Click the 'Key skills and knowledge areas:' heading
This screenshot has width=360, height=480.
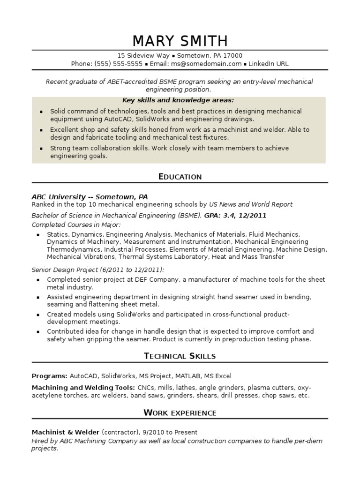pos(178,100)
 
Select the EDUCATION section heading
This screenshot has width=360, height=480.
pos(180,177)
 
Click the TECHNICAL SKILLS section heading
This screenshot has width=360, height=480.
pos(180,356)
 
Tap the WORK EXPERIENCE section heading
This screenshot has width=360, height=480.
pos(180,413)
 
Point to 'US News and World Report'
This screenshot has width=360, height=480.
pos(251,204)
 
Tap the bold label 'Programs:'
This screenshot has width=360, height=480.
pos(49,376)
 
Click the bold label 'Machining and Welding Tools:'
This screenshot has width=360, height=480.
pos(83,388)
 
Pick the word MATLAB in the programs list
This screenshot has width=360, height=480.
pos(189,376)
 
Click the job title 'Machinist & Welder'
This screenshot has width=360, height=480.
pos(65,432)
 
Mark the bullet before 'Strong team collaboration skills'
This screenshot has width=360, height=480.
pos(41,149)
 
